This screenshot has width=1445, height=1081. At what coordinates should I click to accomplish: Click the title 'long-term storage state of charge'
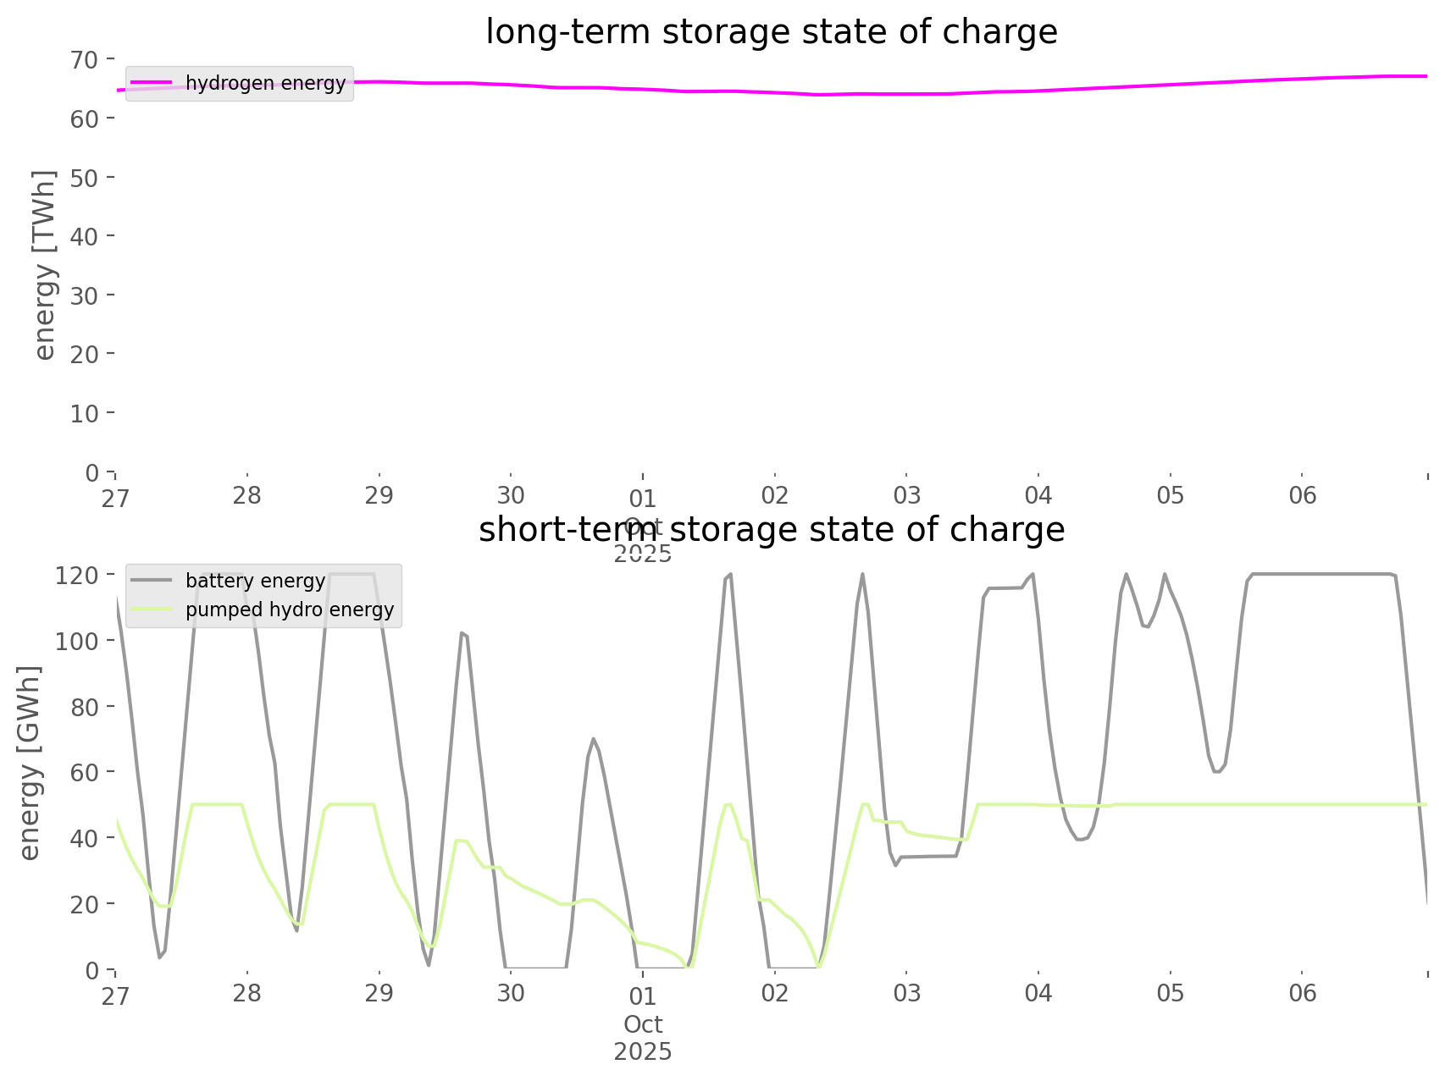pyautogui.click(x=771, y=32)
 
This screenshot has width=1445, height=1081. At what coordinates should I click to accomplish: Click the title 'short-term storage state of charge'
pyautogui.click(x=771, y=530)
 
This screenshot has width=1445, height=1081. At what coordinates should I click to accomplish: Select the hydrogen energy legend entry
pyautogui.click(x=265, y=83)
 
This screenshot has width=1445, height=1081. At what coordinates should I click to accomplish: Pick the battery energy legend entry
pyautogui.click(x=255, y=581)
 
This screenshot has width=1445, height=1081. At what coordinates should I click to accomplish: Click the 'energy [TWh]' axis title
pyautogui.click(x=45, y=265)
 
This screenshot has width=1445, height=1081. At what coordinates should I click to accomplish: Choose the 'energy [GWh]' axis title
pyautogui.click(x=30, y=763)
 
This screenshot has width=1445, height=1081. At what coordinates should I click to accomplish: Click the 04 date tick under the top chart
pyautogui.click(x=1038, y=495)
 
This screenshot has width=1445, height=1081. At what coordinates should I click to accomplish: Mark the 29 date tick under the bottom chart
pyautogui.click(x=379, y=993)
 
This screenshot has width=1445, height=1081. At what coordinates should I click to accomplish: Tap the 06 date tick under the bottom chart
pyautogui.click(x=1303, y=993)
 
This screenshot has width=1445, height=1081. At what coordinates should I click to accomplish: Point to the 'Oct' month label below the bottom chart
pyautogui.click(x=643, y=1025)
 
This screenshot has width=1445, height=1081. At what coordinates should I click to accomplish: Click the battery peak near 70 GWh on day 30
pyautogui.click(x=593, y=738)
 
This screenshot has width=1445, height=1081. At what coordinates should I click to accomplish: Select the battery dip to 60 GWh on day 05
pyautogui.click(x=1216, y=771)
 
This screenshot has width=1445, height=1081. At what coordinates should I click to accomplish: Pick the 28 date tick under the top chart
pyautogui.click(x=247, y=495)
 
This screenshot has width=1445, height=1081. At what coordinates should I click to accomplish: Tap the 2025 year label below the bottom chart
pyautogui.click(x=643, y=1052)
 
